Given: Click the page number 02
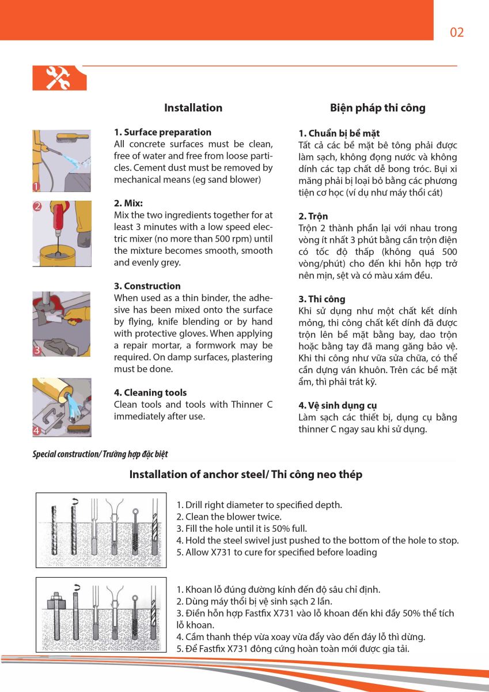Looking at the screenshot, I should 457,32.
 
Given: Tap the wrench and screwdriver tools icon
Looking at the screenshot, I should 59,78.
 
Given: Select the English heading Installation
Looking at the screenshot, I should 193,108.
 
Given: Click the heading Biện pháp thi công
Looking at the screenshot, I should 377,108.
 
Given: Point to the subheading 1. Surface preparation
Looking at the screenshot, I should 162,132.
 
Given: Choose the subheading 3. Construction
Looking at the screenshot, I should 147,286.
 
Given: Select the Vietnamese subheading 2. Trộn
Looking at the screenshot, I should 313,216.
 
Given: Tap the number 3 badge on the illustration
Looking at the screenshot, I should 37,350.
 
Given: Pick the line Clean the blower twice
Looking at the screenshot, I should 229,517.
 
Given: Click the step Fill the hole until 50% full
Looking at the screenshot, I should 241,528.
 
